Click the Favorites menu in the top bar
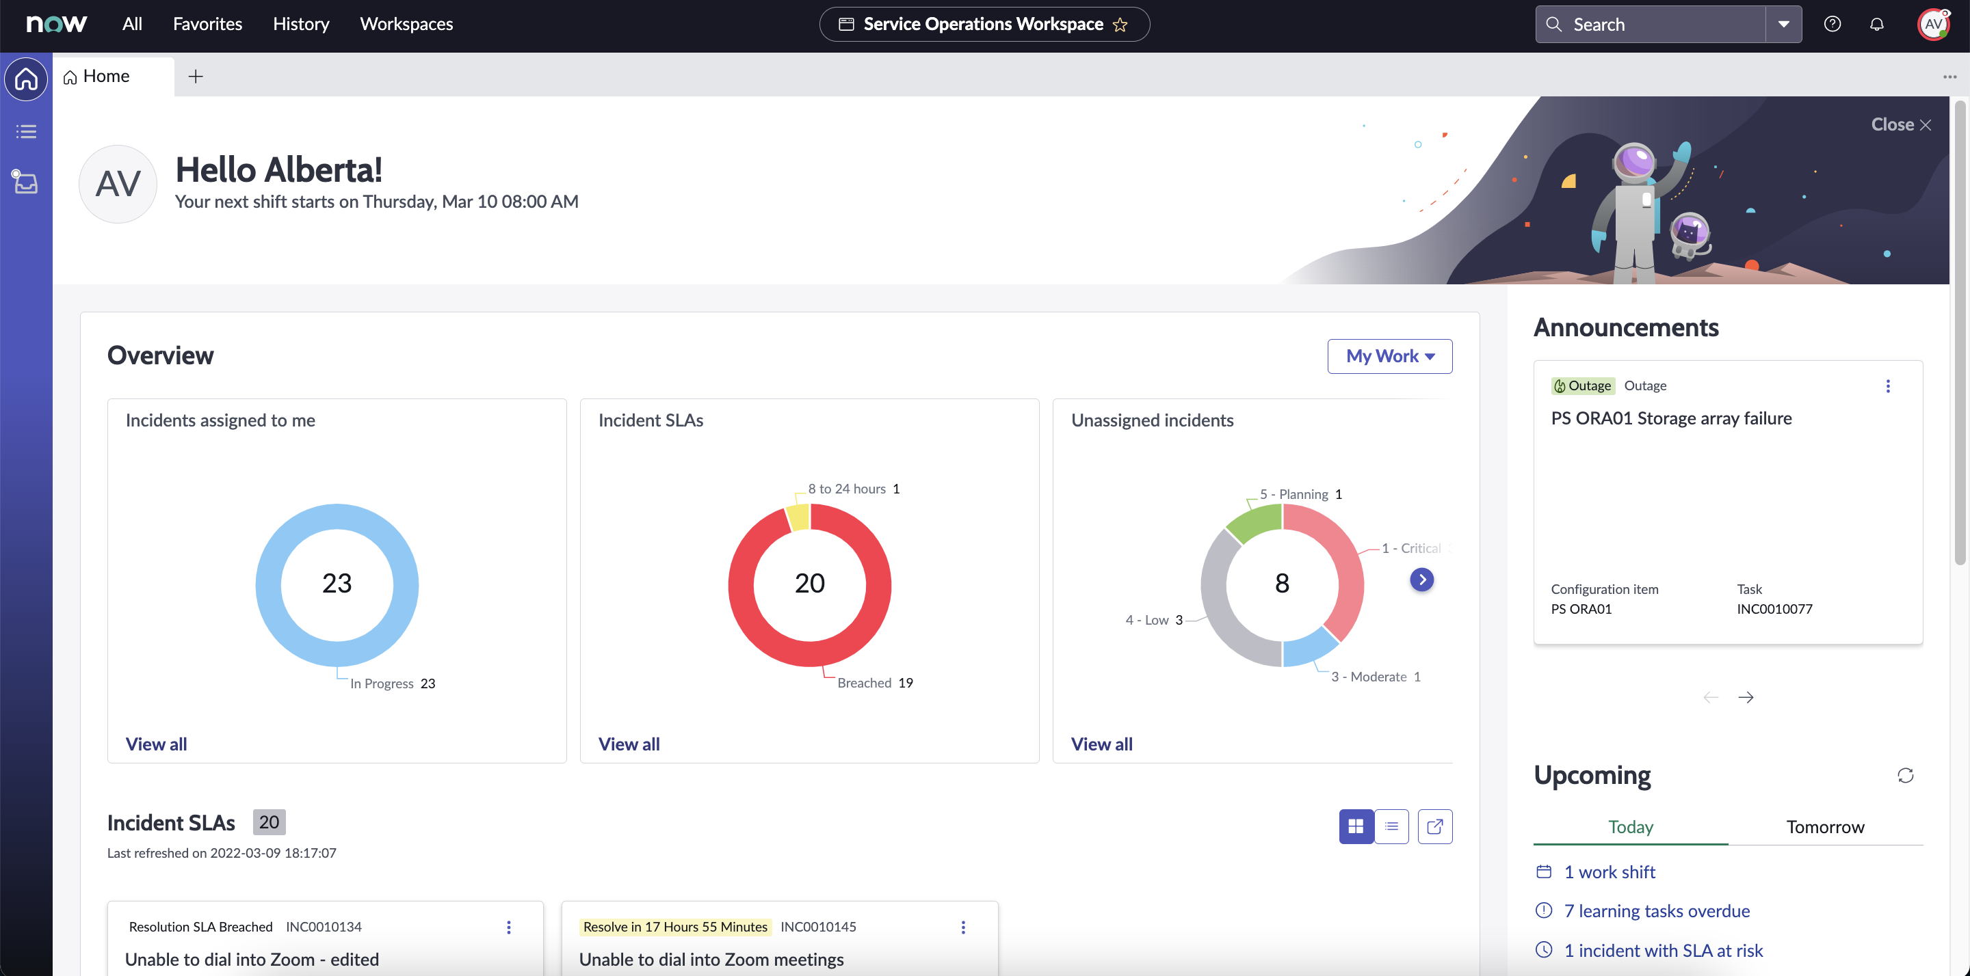coord(207,25)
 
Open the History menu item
coord(300,25)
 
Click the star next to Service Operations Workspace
coord(1120,25)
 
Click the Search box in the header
coord(1652,25)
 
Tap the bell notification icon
coord(1877,25)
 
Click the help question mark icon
coord(1833,25)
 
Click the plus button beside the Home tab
coord(196,77)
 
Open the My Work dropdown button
coord(1389,356)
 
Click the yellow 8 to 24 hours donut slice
coord(798,517)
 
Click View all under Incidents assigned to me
coord(156,744)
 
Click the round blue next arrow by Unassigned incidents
coord(1421,580)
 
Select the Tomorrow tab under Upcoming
coord(1825,826)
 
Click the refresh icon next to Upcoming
coord(1905,776)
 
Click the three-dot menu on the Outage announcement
coord(1888,386)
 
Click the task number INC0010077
coord(1774,609)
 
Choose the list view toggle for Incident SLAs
coord(1392,826)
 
